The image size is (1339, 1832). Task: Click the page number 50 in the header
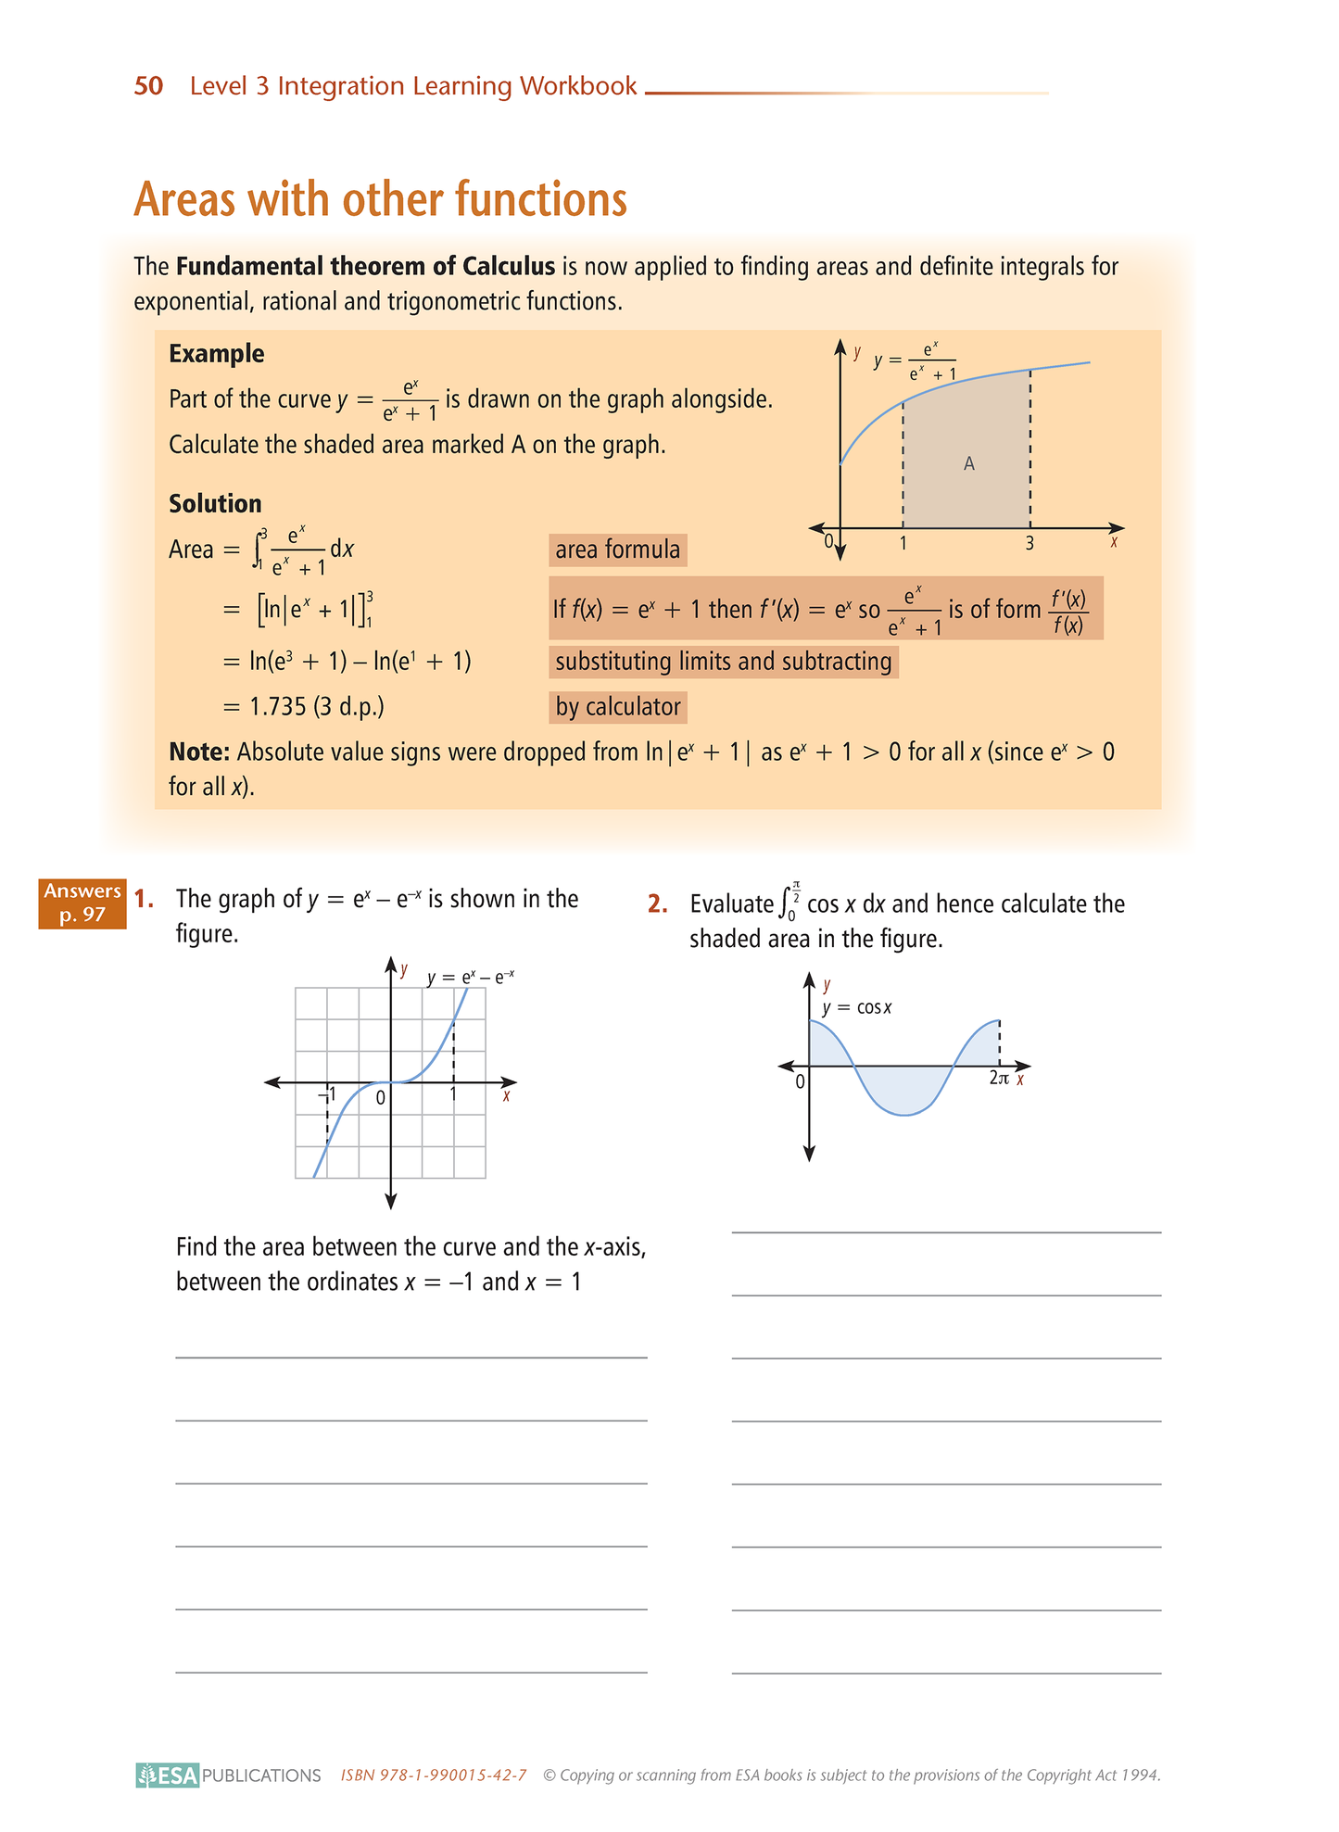click(x=148, y=86)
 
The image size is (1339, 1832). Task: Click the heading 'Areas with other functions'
click(x=380, y=199)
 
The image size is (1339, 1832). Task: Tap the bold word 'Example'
click(x=216, y=354)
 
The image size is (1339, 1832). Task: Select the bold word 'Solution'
click(x=215, y=504)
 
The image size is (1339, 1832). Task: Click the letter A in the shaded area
click(x=968, y=463)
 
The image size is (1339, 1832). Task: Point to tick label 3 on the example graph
click(x=1030, y=544)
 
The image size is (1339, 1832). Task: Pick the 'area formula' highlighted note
click(x=617, y=550)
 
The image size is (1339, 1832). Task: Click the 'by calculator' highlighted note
click(x=617, y=707)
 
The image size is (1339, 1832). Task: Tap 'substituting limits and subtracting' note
click(x=723, y=662)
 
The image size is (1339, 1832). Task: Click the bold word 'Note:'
click(x=198, y=752)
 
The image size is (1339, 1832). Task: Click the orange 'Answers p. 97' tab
click(x=82, y=903)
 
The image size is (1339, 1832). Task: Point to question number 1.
click(x=144, y=899)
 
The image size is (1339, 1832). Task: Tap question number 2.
click(x=657, y=904)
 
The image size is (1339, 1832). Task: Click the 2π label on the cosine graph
click(x=998, y=1079)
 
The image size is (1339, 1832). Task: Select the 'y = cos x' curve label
click(x=856, y=1008)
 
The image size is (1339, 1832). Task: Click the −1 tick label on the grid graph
click(x=327, y=1096)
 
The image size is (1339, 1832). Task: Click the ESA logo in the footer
click(x=168, y=1775)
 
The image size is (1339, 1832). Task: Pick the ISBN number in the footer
click(x=434, y=1775)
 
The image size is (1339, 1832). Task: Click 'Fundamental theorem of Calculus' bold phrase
click(x=365, y=267)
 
